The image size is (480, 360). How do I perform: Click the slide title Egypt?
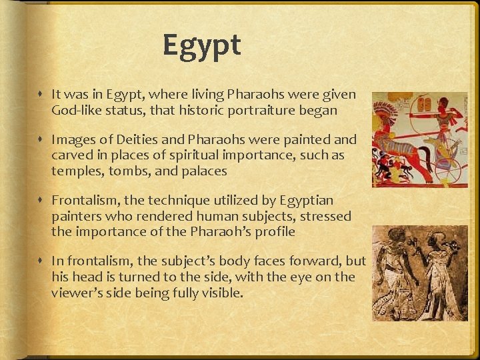coord(201,46)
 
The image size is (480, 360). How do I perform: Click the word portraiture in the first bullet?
coord(265,111)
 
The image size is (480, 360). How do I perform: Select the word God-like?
coord(76,111)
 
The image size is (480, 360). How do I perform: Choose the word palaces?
coord(204,171)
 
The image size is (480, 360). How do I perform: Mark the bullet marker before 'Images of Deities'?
coord(42,140)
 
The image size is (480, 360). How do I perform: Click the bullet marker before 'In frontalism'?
coord(42,261)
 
